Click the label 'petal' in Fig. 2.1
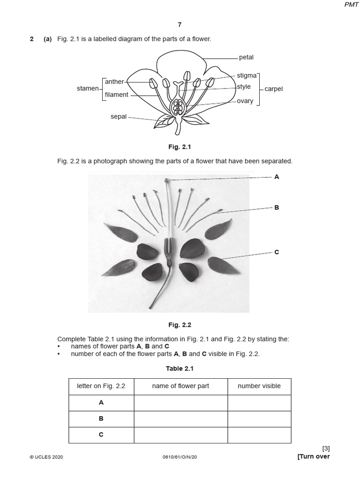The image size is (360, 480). click(246, 58)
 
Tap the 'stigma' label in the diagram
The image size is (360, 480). click(247, 75)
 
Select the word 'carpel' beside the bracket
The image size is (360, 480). click(274, 89)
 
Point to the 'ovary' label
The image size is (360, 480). click(245, 101)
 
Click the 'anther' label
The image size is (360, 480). click(114, 82)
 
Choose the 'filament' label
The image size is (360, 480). click(116, 95)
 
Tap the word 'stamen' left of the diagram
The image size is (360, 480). click(88, 88)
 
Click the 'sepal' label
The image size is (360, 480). click(119, 117)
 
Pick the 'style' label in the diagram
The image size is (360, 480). click(244, 87)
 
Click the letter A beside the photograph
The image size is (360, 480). click(277, 177)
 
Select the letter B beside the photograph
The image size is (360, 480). click(277, 207)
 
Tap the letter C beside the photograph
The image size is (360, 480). click(277, 252)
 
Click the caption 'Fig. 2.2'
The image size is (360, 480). click(180, 324)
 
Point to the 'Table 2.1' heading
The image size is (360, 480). click(180, 369)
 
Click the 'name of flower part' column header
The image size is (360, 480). click(180, 386)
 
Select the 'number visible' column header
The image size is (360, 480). click(259, 386)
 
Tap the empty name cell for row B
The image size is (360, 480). click(180, 419)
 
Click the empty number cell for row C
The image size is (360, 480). click(259, 435)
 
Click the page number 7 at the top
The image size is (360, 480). click(180, 24)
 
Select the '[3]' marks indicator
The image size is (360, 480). click(326, 449)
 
